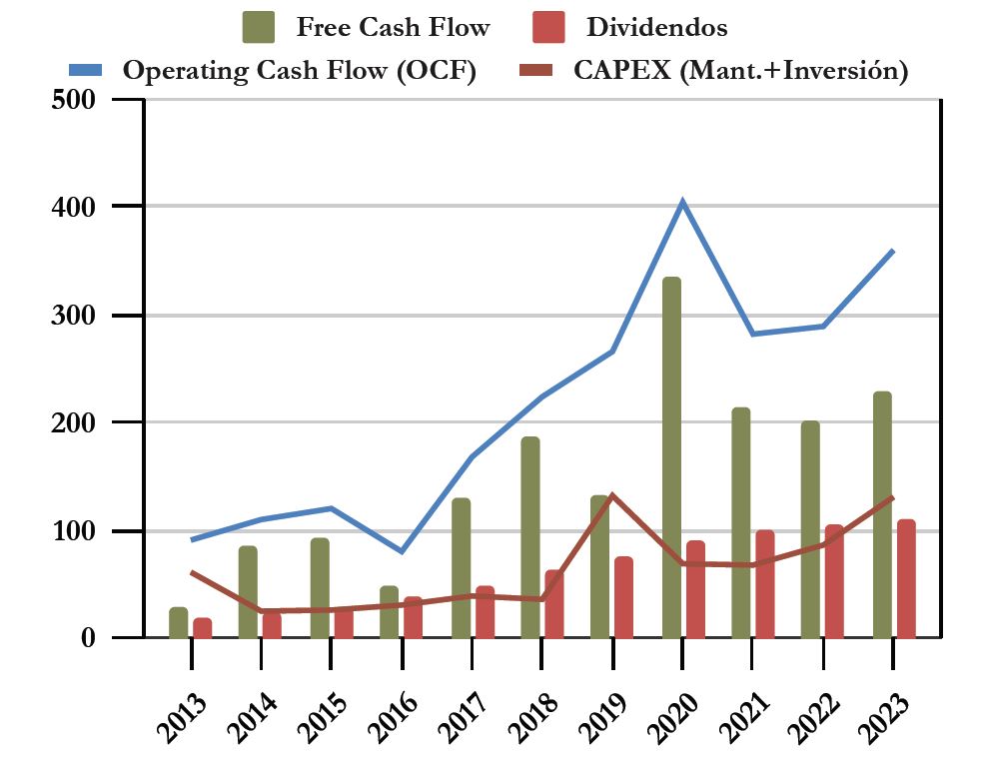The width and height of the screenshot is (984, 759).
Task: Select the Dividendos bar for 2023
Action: pos(906,578)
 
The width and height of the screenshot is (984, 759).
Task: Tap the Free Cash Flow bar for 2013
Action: pos(178,622)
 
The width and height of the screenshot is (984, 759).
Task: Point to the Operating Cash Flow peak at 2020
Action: pos(682,202)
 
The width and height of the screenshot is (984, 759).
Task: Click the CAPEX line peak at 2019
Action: pos(612,495)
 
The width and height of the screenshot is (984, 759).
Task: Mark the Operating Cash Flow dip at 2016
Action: pos(401,551)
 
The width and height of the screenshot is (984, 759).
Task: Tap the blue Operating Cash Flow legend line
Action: pos(86,70)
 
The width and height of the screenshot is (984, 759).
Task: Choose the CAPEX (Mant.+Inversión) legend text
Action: pos(740,71)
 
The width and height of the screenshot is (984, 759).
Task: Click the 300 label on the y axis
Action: pos(75,316)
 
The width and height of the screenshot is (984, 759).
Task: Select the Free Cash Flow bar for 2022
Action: pos(810,529)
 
